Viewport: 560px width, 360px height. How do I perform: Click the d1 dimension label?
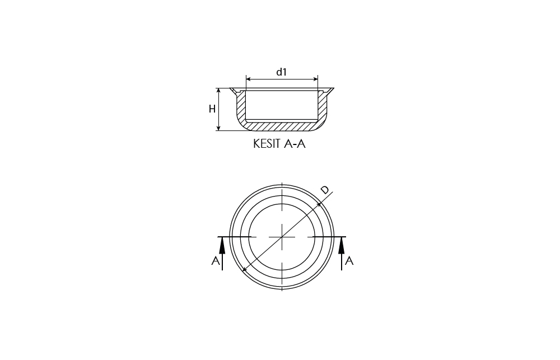click(x=282, y=72)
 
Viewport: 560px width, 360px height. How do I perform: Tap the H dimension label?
click(x=212, y=109)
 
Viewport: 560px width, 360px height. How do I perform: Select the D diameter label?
click(x=325, y=190)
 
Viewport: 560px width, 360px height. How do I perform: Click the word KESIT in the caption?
click(x=267, y=143)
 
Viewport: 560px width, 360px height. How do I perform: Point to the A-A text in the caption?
click(x=295, y=143)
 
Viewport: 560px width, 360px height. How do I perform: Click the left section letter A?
click(x=216, y=261)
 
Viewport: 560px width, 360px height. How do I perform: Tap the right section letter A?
click(x=349, y=261)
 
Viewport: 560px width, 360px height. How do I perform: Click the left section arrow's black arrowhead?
click(x=222, y=246)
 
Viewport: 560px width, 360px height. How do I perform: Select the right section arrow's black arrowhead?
click(x=342, y=246)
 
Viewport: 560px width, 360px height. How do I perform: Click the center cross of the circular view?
click(x=282, y=237)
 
